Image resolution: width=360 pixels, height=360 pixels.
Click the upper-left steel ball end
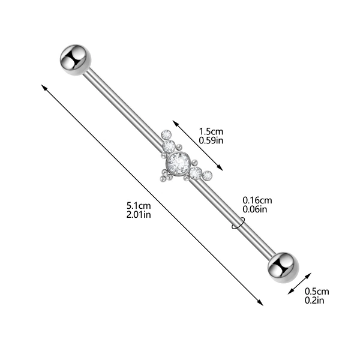(x=76, y=60)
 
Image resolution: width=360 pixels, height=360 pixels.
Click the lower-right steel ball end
(x=283, y=268)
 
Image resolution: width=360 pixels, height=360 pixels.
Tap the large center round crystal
(x=178, y=163)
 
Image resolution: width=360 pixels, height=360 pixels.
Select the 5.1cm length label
(x=139, y=205)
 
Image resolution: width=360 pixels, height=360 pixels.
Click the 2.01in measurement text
(x=139, y=215)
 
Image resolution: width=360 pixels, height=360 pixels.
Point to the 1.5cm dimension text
(x=211, y=131)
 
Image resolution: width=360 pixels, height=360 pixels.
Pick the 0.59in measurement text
(x=211, y=140)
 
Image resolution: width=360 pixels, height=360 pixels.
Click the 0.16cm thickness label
(x=257, y=200)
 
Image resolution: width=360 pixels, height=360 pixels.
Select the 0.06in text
(x=255, y=209)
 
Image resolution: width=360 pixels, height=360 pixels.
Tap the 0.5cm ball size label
(x=317, y=292)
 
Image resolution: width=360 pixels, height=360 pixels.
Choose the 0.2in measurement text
(x=314, y=301)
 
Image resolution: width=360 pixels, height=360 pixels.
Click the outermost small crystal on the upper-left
(x=166, y=134)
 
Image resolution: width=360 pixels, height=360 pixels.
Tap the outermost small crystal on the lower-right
(x=207, y=176)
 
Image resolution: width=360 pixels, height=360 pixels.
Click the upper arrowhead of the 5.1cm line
(x=44, y=87)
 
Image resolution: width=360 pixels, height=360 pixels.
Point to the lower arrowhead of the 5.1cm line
(x=261, y=303)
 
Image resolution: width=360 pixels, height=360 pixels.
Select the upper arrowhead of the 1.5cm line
(x=175, y=123)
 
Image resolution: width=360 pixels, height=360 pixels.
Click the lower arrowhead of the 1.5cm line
(x=220, y=168)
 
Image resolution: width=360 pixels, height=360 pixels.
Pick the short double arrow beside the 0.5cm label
(x=299, y=283)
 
